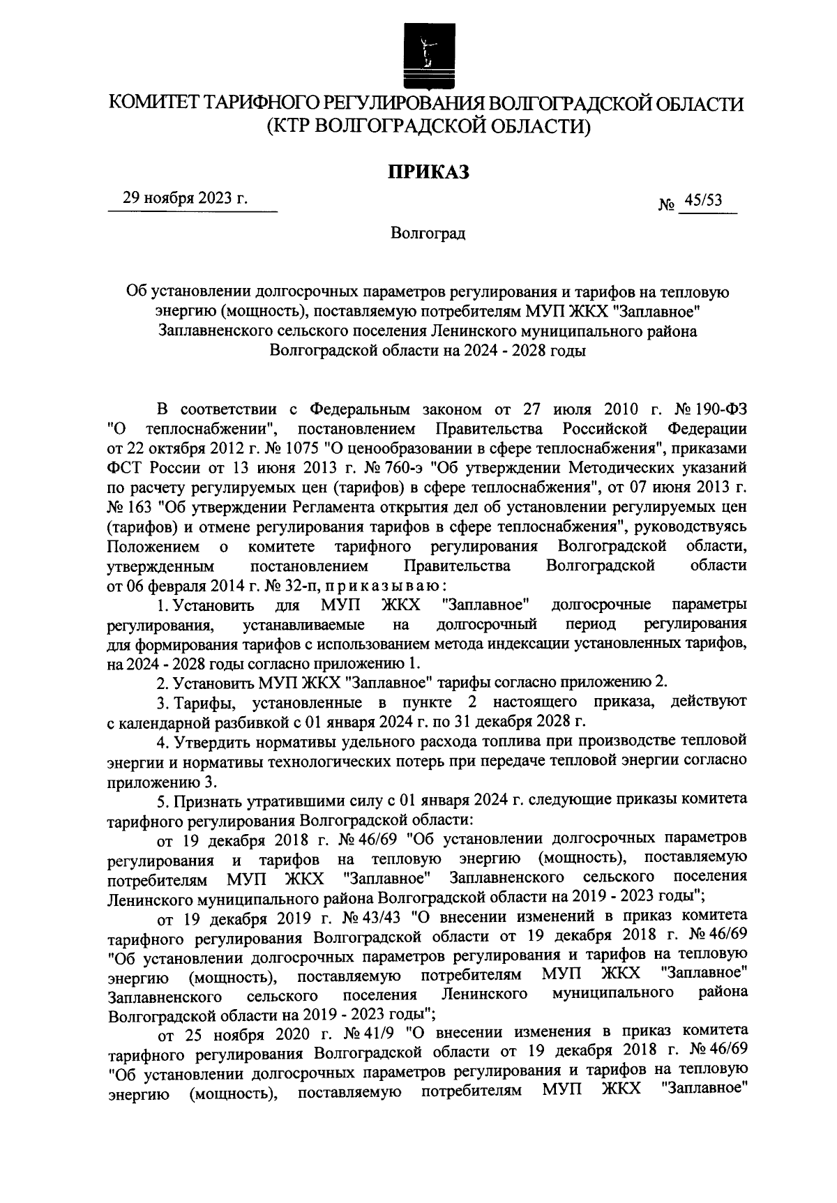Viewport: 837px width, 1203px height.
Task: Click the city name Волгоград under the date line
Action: [x=428, y=233]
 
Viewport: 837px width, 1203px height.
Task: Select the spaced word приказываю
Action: [x=384, y=584]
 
